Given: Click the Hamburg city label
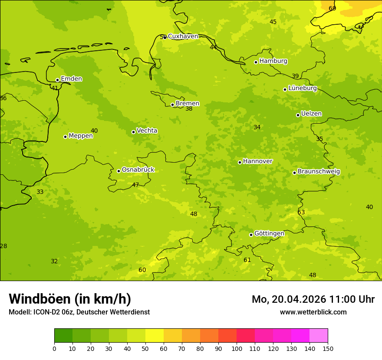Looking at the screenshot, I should point(273,61).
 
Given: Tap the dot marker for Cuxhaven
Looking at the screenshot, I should point(165,37).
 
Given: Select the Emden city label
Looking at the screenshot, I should point(71,79).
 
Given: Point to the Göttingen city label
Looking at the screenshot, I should point(269,234).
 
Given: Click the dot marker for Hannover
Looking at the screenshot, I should point(240,162).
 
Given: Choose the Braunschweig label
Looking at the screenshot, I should point(319,172).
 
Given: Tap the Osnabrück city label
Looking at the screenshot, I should point(138,170).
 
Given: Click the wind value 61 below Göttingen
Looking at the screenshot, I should point(247,260).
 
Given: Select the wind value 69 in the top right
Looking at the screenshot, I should point(332,9).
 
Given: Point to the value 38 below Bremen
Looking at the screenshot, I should point(189,109).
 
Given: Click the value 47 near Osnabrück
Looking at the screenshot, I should point(135,185).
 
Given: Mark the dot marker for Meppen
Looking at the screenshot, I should point(65,137).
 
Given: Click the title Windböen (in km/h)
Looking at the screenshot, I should point(70,299).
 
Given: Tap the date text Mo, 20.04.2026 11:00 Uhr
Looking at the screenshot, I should point(313,299).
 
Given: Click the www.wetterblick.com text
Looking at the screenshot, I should point(313,312).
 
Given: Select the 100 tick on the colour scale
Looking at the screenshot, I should point(237,348).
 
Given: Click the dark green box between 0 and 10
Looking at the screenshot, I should point(63,336).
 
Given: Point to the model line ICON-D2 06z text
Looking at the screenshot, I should point(79,312).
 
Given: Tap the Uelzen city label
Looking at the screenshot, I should point(311,114).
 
